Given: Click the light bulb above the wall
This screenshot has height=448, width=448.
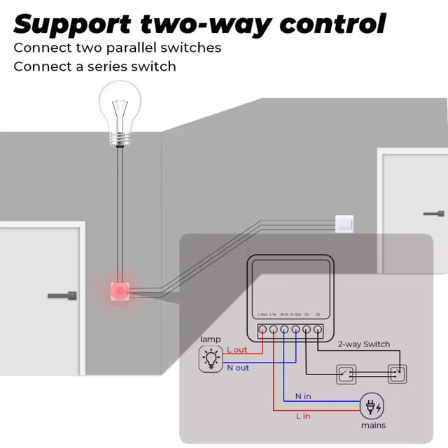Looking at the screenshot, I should tap(120, 112).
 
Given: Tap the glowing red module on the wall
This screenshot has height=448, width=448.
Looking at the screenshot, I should tap(120, 289).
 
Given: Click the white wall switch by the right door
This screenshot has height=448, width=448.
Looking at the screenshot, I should tap(344, 223).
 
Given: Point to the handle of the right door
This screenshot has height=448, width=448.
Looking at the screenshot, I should tap(432, 213).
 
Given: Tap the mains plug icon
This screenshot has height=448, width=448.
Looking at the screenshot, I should tap(371, 407).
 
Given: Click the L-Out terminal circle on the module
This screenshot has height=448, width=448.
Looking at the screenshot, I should tap(261, 328).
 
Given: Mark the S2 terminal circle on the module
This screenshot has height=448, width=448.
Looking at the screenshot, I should tap(318, 328).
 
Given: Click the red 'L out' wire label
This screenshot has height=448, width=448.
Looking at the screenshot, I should tap(237, 350).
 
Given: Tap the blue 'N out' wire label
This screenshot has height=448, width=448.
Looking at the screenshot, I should tap(237, 367).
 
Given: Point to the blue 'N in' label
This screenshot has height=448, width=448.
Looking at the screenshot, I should tap(302, 396).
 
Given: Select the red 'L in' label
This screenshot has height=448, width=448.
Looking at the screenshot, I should tap(302, 416).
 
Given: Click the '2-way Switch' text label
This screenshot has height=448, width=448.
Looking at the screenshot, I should tap(363, 344).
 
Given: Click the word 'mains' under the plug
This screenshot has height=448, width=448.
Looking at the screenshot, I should tap(373, 425).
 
